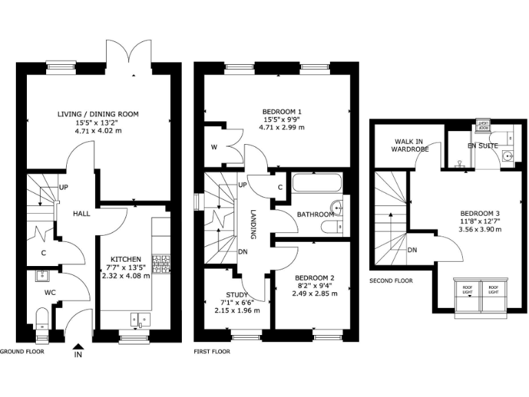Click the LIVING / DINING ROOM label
click(x=98, y=114)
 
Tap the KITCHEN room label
click(x=126, y=259)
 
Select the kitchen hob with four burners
click(x=160, y=265)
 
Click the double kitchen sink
click(x=139, y=319)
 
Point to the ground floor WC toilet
click(x=41, y=317)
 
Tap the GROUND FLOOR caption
click(x=23, y=351)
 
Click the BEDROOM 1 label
click(x=282, y=112)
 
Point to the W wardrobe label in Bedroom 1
click(x=214, y=147)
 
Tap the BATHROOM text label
click(x=315, y=214)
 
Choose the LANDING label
click(x=253, y=224)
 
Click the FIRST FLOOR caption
click(x=212, y=351)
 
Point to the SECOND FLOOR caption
click(x=391, y=281)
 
